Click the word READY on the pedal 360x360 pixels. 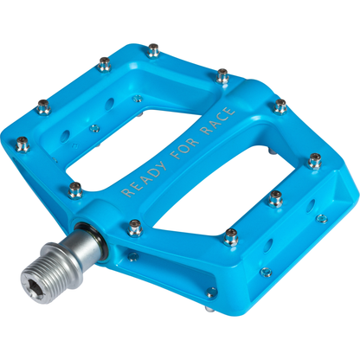pyautogui.click(x=145, y=179)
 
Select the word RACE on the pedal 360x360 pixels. pyautogui.click(x=218, y=121)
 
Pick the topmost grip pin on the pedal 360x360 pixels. pyautogui.click(x=153, y=50)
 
